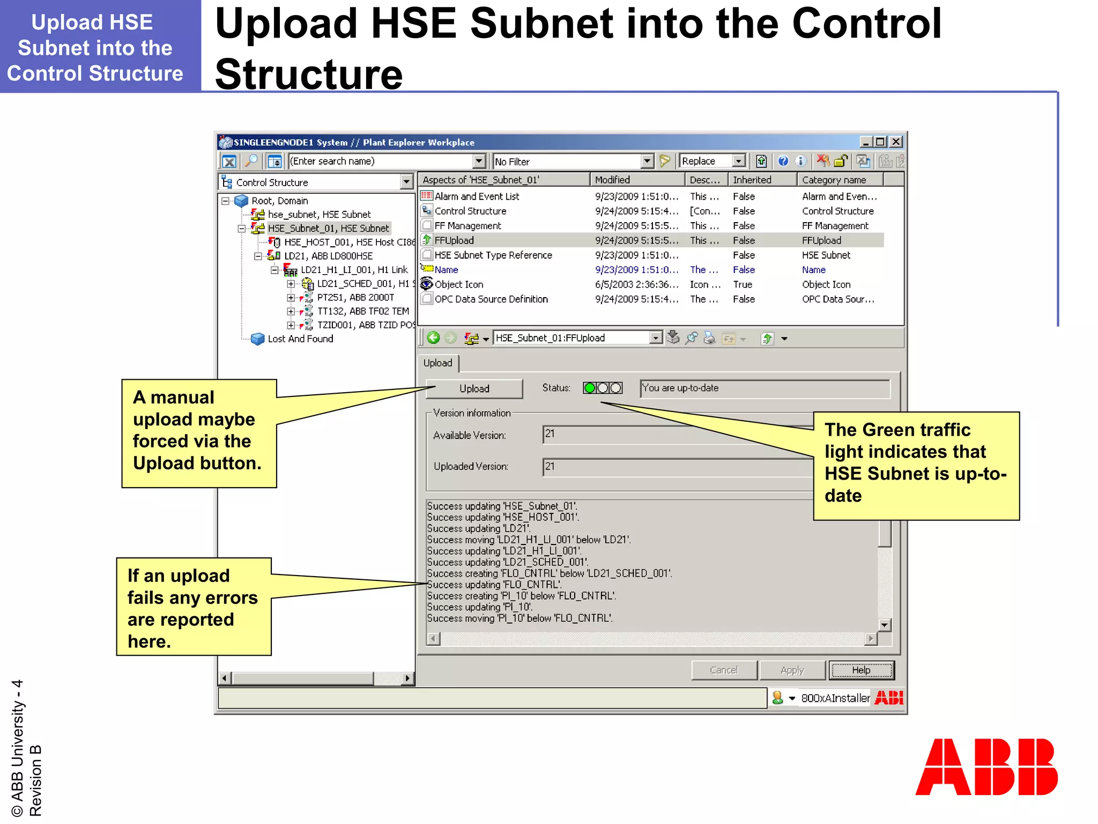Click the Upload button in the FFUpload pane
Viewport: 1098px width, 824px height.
tap(474, 388)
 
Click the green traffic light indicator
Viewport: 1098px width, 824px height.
tap(590, 388)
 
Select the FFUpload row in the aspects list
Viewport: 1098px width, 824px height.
tap(454, 240)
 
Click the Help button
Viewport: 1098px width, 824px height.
tap(861, 670)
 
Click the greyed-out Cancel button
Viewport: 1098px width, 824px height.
tap(724, 670)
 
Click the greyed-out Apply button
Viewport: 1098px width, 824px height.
tap(792, 670)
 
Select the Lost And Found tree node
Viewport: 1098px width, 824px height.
tap(300, 339)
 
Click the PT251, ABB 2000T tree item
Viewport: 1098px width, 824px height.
tap(355, 297)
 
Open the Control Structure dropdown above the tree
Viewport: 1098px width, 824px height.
tap(406, 182)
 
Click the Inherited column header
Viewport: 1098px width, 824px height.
tap(752, 180)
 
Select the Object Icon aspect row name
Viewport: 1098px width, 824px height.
tap(458, 284)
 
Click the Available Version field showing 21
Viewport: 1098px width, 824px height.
tap(676, 434)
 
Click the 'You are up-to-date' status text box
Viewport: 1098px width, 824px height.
tap(765, 388)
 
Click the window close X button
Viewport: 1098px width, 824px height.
tap(896, 142)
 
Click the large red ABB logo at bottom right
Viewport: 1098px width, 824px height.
tap(986, 767)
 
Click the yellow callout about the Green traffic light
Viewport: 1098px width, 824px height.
tap(916, 465)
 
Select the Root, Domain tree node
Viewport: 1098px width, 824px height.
tap(279, 201)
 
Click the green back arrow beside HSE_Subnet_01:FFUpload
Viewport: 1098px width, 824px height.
tap(433, 338)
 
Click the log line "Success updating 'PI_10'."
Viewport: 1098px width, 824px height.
tap(479, 607)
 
